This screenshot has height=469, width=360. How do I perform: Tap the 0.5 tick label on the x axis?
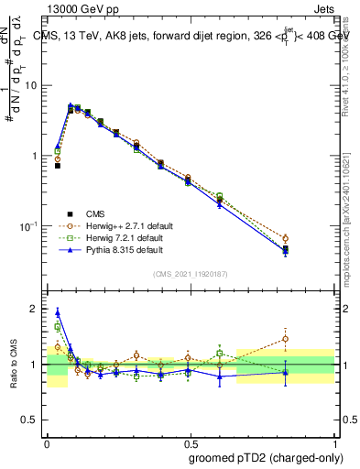pos(190,441)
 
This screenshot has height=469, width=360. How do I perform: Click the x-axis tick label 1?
pos(333,441)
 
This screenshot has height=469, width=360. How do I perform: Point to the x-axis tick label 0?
pos(47,441)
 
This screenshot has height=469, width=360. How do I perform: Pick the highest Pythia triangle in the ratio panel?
pos(58,312)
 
